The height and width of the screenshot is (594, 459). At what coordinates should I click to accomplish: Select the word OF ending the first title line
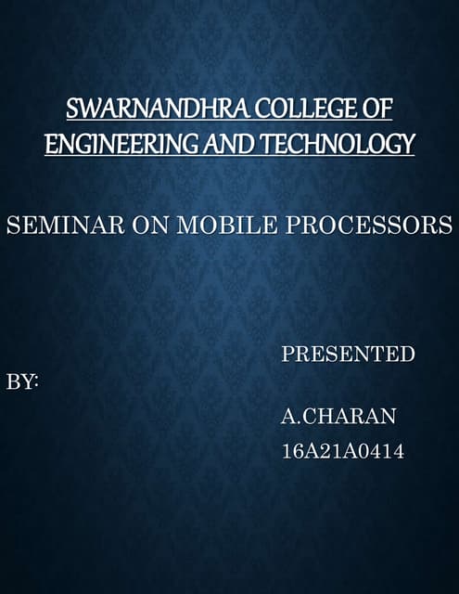[378, 110]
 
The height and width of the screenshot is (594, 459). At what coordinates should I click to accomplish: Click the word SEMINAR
[51, 226]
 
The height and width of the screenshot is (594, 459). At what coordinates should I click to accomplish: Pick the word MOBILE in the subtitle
[196, 226]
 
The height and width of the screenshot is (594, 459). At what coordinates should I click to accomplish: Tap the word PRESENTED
[348, 354]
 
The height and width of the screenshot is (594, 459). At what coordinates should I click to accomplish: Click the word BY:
[22, 382]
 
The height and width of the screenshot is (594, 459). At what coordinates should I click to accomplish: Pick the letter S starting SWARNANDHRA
[71, 110]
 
